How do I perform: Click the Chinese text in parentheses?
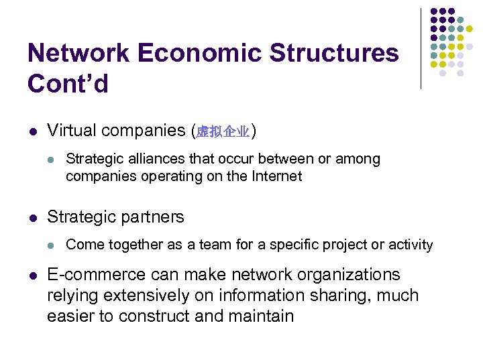pos(223,132)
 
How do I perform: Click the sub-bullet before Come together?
pos(52,245)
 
